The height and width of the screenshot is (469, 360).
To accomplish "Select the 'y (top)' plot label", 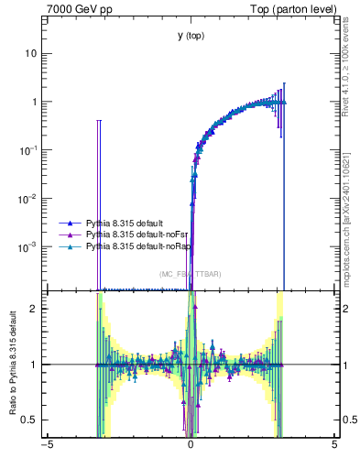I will coord(191,36).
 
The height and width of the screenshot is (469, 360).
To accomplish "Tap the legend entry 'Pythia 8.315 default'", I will coord(124,223).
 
